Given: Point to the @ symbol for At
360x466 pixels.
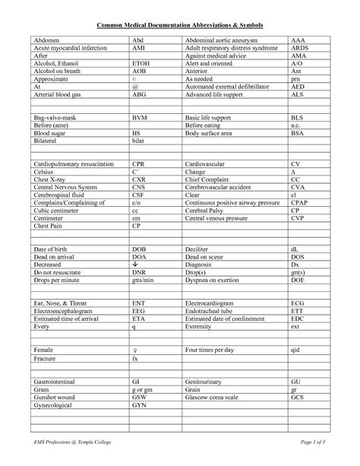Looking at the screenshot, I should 134,87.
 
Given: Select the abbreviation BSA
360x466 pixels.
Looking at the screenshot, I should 298,134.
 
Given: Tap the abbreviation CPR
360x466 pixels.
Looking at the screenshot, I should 140,163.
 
